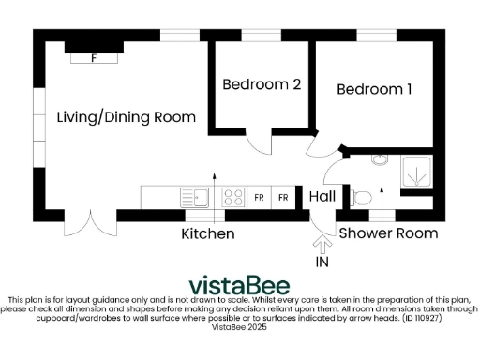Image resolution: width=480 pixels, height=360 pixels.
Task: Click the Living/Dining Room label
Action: tap(126, 117)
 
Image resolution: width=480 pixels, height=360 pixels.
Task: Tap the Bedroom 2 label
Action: tap(262, 84)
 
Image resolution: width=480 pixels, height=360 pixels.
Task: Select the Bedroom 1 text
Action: tap(374, 90)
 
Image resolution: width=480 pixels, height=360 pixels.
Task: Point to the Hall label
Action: tap(322, 197)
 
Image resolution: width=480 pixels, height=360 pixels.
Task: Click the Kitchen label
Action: tap(207, 233)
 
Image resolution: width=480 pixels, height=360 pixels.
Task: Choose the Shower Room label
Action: tap(387, 232)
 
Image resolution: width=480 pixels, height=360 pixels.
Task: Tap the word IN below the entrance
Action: tap(322, 263)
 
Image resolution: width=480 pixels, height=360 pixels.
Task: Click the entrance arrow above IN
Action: tap(322, 245)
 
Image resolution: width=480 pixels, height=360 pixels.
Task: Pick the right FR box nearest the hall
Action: tap(281, 198)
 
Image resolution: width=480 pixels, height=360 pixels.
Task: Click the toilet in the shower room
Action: tap(361, 197)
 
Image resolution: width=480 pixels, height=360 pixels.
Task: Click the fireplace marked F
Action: tap(93, 55)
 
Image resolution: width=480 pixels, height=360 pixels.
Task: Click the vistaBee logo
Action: tap(239, 285)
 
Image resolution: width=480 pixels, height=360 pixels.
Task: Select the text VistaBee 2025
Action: tap(239, 327)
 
